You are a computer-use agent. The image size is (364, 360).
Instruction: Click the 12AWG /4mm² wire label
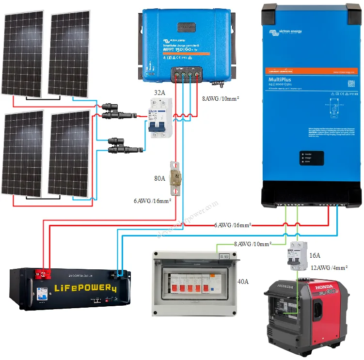[x=331, y=267]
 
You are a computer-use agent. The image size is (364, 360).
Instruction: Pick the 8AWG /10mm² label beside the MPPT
[x=222, y=99]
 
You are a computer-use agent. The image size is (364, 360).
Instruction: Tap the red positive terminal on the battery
[x=42, y=276]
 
